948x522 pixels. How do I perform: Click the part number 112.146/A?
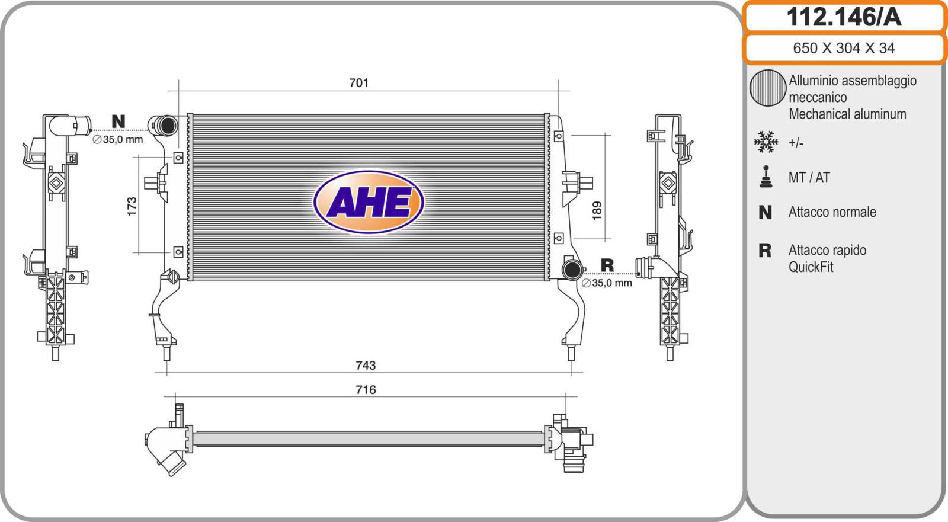(x=844, y=17)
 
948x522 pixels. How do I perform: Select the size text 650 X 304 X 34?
(x=844, y=48)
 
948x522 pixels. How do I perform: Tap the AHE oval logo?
(x=369, y=202)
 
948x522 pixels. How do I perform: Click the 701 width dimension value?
(x=358, y=82)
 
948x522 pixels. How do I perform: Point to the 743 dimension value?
(x=366, y=365)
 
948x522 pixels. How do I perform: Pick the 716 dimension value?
(x=366, y=389)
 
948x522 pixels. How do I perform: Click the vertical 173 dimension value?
(x=132, y=206)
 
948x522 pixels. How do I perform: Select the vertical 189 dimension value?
(x=597, y=210)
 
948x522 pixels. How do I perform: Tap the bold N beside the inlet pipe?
(x=118, y=121)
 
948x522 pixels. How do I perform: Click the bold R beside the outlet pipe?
(x=607, y=265)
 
